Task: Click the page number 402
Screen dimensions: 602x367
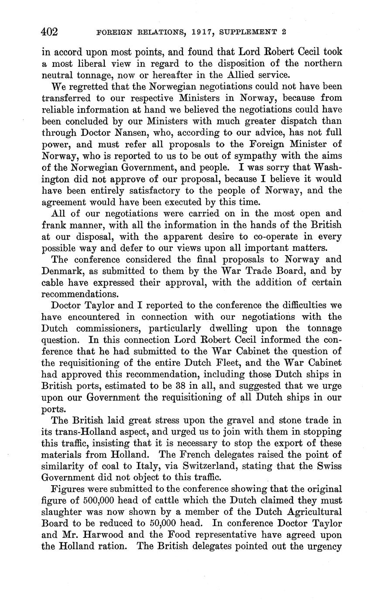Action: [x=50, y=32]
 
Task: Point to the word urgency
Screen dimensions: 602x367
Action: [x=323, y=547]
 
